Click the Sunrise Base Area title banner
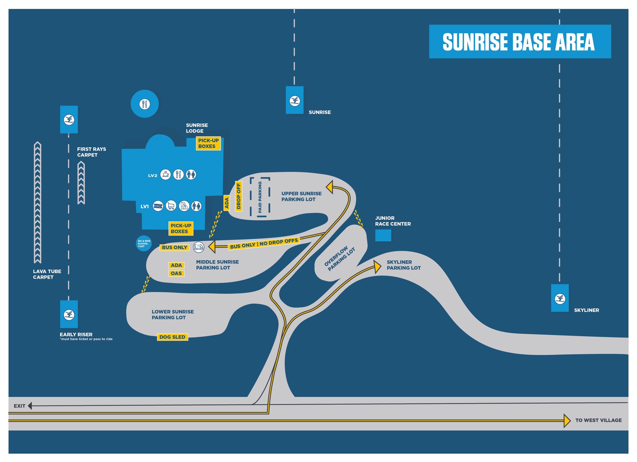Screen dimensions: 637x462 (520, 42)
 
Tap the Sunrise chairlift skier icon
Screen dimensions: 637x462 (295, 101)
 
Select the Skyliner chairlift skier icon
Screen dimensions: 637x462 (560, 298)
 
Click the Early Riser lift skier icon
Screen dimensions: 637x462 (69, 314)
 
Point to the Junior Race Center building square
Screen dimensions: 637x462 (383, 235)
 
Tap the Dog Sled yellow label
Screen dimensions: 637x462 (172, 337)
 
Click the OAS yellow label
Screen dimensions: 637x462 (176, 273)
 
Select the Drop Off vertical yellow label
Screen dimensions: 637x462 (238, 196)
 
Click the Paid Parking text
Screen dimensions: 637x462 (260, 197)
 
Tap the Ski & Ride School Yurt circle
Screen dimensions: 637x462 (144, 243)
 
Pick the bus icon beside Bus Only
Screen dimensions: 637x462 (199, 247)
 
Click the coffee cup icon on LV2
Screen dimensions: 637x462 (165, 174)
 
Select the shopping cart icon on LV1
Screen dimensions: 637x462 (171, 206)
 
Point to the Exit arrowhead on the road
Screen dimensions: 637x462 (30, 406)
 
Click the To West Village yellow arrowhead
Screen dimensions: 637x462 (567, 421)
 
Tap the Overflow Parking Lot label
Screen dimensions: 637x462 (340, 259)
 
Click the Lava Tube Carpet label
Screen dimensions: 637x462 (47, 274)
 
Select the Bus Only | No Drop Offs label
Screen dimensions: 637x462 (264, 243)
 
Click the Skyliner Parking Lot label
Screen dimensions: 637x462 (404, 265)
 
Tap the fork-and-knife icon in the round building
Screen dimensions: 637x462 (145, 104)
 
